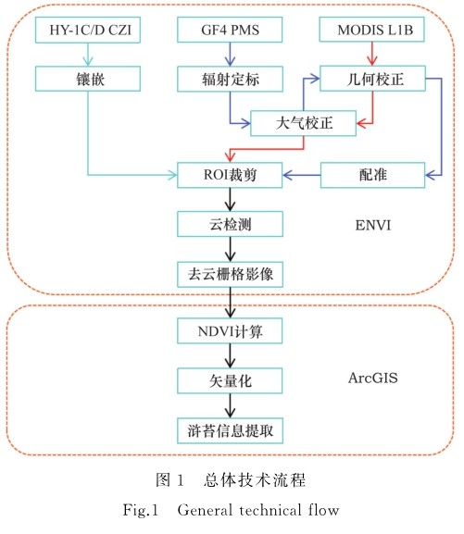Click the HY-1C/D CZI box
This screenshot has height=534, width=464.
tap(88, 30)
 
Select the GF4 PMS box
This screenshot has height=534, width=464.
tap(230, 30)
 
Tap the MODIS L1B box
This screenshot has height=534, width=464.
tap(372, 30)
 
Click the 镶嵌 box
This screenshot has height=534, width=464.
tap(88, 79)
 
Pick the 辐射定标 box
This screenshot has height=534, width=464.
tap(230, 79)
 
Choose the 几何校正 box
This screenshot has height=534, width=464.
tap(372, 79)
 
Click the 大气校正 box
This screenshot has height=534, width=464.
tap(304, 123)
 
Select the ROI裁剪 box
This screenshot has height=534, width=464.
tap(230, 175)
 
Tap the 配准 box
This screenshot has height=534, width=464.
tap(372, 175)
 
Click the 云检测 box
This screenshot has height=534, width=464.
tap(230, 224)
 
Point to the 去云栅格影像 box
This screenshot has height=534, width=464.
tap(230, 274)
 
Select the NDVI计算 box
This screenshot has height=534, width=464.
tap(230, 330)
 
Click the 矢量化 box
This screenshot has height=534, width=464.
tap(230, 380)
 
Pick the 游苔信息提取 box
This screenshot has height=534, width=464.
tap(230, 431)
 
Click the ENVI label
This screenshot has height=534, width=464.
tap(373, 225)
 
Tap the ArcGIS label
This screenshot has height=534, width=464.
tap(373, 378)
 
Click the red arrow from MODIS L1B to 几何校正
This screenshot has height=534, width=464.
tap(372, 54)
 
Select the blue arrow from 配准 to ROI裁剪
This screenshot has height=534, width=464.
tap(301, 175)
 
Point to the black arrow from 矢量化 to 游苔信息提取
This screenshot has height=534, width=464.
tap(230, 405)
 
